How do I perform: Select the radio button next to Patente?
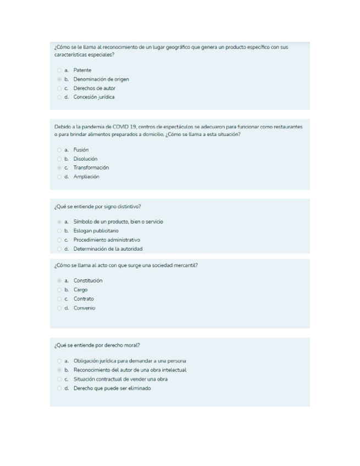59,70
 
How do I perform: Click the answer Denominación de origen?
101,79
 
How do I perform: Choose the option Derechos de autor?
95,88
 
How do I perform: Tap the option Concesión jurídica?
94,97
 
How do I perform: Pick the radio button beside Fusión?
59,150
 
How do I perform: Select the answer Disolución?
85,159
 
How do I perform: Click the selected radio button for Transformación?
59,168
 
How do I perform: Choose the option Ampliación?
86,177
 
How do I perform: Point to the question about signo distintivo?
98,207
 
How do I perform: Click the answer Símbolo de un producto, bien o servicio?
118,221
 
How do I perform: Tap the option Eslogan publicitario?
96,231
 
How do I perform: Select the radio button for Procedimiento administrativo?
59,240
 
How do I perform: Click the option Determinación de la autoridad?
108,249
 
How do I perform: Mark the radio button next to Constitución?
59,281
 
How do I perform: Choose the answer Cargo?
80,290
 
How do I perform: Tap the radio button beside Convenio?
59,308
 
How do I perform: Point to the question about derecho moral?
97,345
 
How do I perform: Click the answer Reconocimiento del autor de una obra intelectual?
130,370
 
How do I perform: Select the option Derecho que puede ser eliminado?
112,388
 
